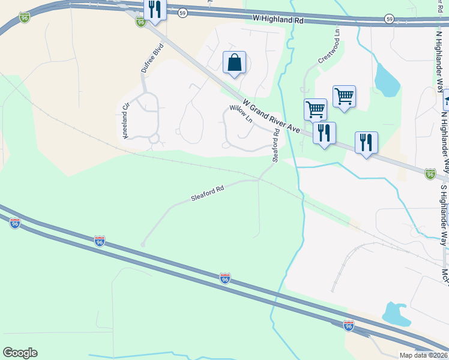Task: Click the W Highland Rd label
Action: click(279, 20)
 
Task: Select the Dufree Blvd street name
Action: click(152, 58)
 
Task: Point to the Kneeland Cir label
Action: click(126, 122)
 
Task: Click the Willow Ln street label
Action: click(241, 113)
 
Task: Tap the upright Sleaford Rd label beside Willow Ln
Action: click(276, 145)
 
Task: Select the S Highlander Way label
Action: click(444, 214)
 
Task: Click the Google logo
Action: click(20, 353)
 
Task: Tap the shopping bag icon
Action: click(234, 62)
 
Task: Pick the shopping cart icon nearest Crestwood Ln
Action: click(344, 96)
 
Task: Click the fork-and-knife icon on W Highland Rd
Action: click(155, 9)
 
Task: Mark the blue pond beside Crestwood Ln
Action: click(386, 80)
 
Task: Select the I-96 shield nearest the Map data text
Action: click(349, 325)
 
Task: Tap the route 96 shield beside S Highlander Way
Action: click(430, 174)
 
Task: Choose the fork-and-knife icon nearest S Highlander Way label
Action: click(366, 143)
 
